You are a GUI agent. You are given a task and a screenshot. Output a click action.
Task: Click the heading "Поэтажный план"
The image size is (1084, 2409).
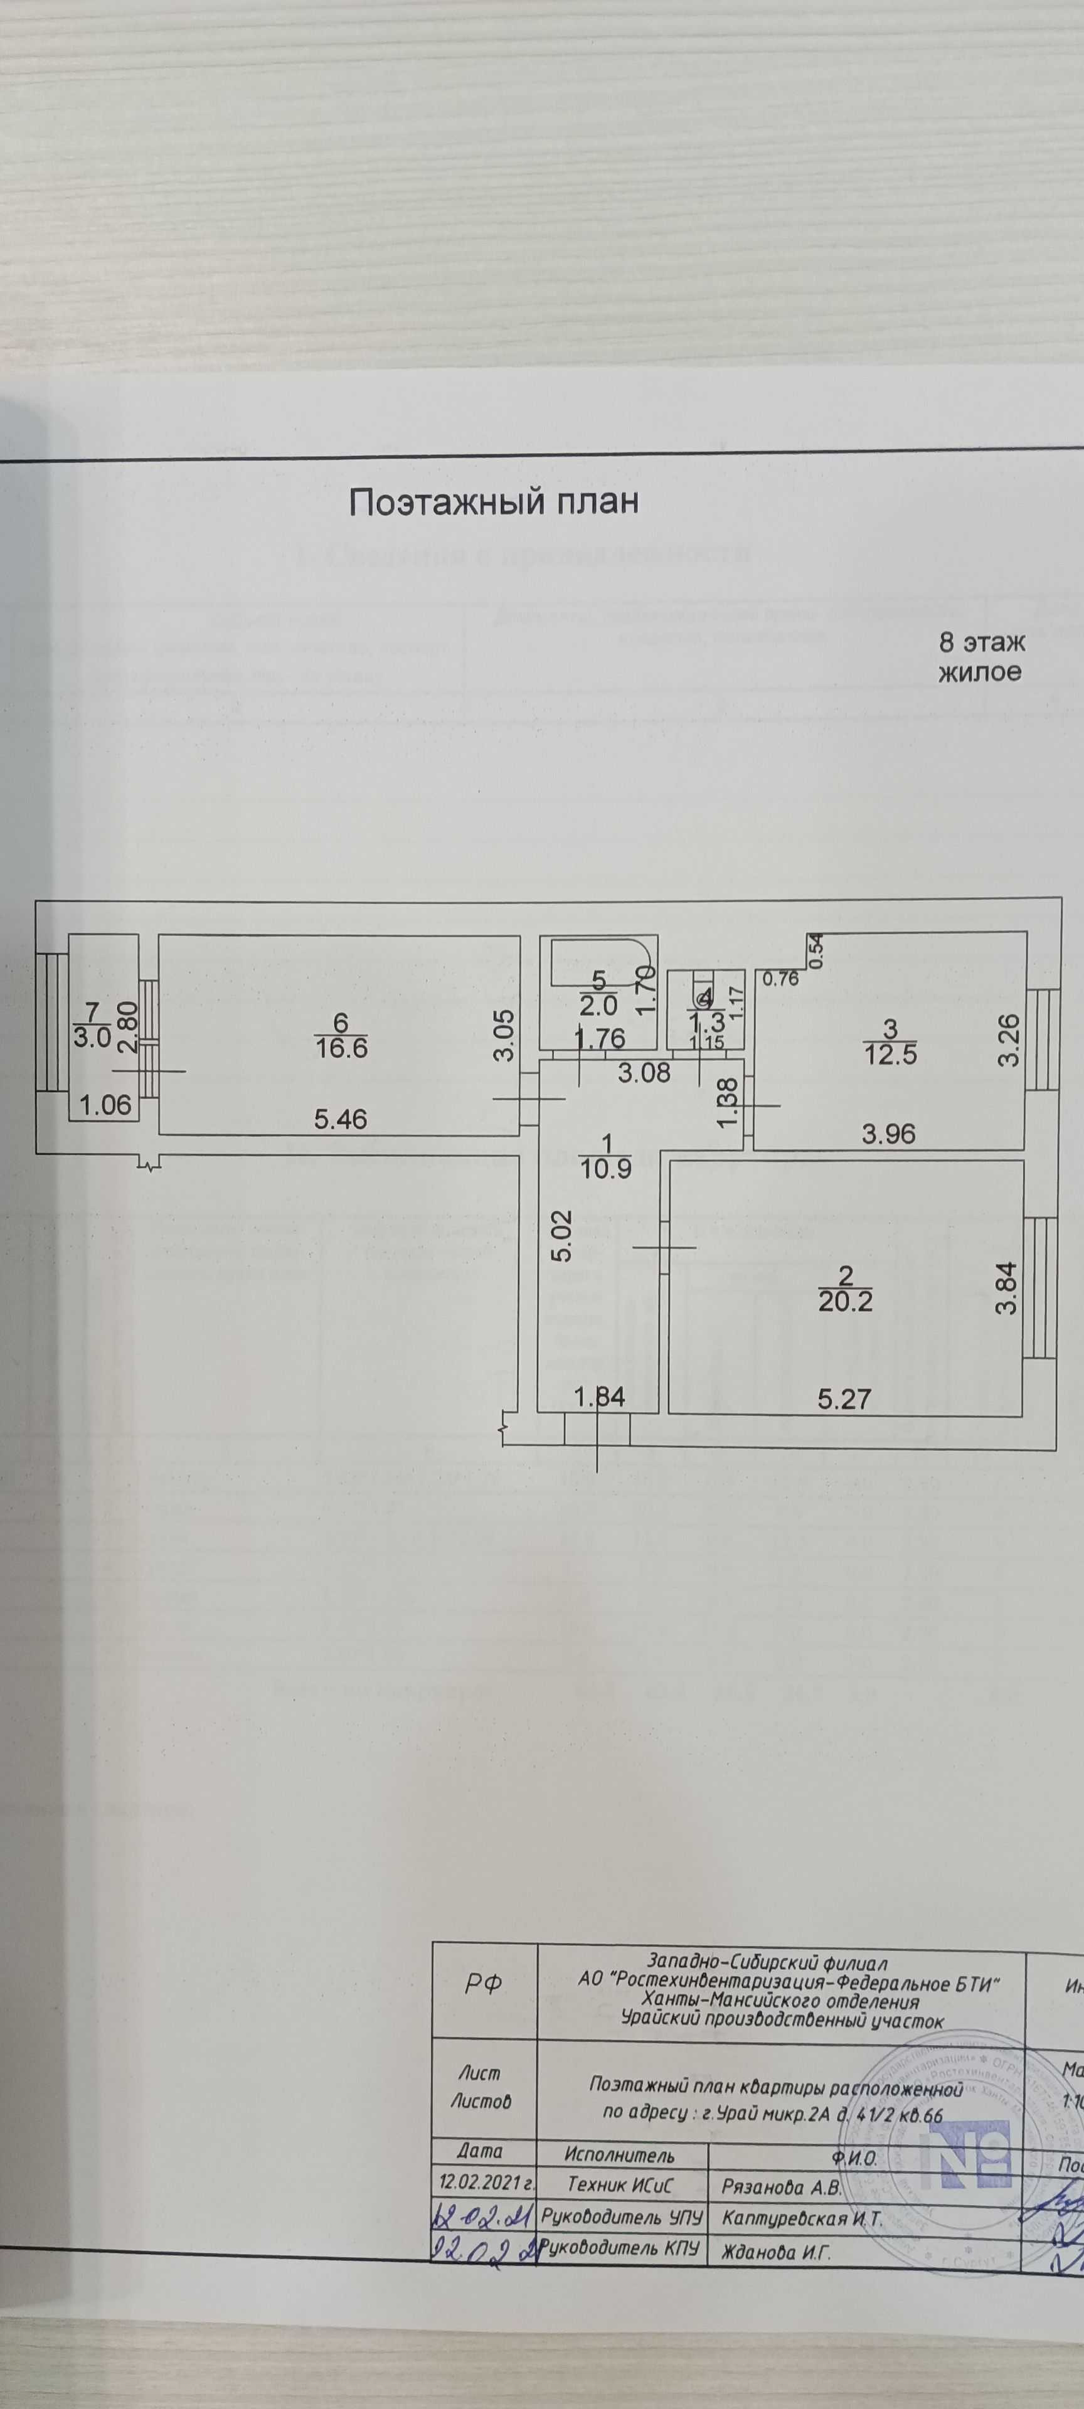click(x=493, y=502)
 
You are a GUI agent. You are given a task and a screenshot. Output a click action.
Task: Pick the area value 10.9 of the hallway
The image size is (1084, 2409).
click(x=606, y=1168)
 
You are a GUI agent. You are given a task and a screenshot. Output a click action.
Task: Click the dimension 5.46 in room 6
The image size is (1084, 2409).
click(x=341, y=1119)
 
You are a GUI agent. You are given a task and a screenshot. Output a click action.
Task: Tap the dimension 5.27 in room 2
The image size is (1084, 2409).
click(x=844, y=1398)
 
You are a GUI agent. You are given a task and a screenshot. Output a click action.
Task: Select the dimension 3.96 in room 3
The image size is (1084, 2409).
click(x=888, y=1134)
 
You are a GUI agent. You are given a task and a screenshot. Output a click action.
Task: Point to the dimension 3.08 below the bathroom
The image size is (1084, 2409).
click(x=644, y=1073)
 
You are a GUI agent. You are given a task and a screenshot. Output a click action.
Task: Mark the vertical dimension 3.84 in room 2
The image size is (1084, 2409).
click(x=1006, y=1288)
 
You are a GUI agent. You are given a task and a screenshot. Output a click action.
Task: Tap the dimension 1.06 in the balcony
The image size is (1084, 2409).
click(x=105, y=1106)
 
